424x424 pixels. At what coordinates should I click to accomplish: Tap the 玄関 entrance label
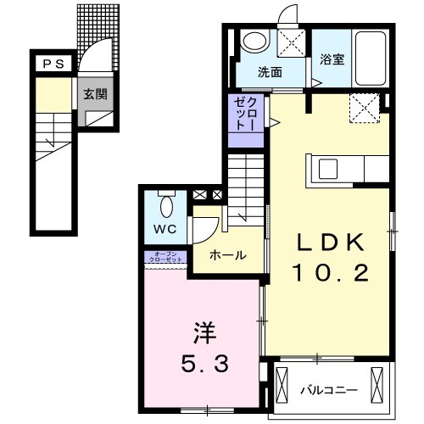pyautogui.click(x=94, y=94)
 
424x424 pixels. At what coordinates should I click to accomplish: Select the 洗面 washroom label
pyautogui.click(x=270, y=73)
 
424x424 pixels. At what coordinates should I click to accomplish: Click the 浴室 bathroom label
pyautogui.click(x=332, y=60)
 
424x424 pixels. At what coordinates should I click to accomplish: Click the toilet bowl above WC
pyautogui.click(x=166, y=205)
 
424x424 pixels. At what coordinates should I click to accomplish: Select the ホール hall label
pyautogui.click(x=227, y=254)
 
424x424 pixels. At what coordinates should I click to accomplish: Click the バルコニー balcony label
pyautogui.click(x=329, y=391)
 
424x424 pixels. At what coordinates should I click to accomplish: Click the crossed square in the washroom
pyautogui.click(x=293, y=41)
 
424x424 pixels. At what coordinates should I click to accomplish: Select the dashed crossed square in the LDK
pyautogui.click(x=365, y=108)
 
